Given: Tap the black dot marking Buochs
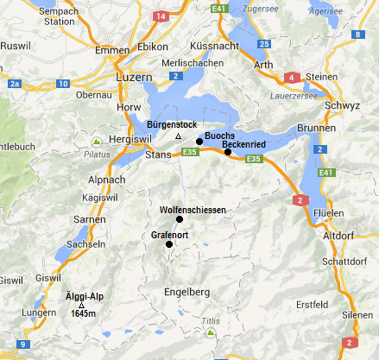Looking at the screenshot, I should tap(199, 141).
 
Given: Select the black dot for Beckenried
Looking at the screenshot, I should tap(228, 152).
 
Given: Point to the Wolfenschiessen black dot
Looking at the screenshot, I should tap(180, 219).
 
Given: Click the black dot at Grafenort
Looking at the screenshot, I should tap(169, 244).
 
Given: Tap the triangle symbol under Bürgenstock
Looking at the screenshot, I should tap(177, 137).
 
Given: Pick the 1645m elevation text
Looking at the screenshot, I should tap(83, 314).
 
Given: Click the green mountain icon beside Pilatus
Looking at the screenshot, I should tap(98, 142).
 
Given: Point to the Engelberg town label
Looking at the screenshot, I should tap(186, 293).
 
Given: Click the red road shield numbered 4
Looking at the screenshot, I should tap(293, 78).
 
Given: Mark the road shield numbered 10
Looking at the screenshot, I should tap(62, 83).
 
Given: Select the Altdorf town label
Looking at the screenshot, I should tap(338, 235).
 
